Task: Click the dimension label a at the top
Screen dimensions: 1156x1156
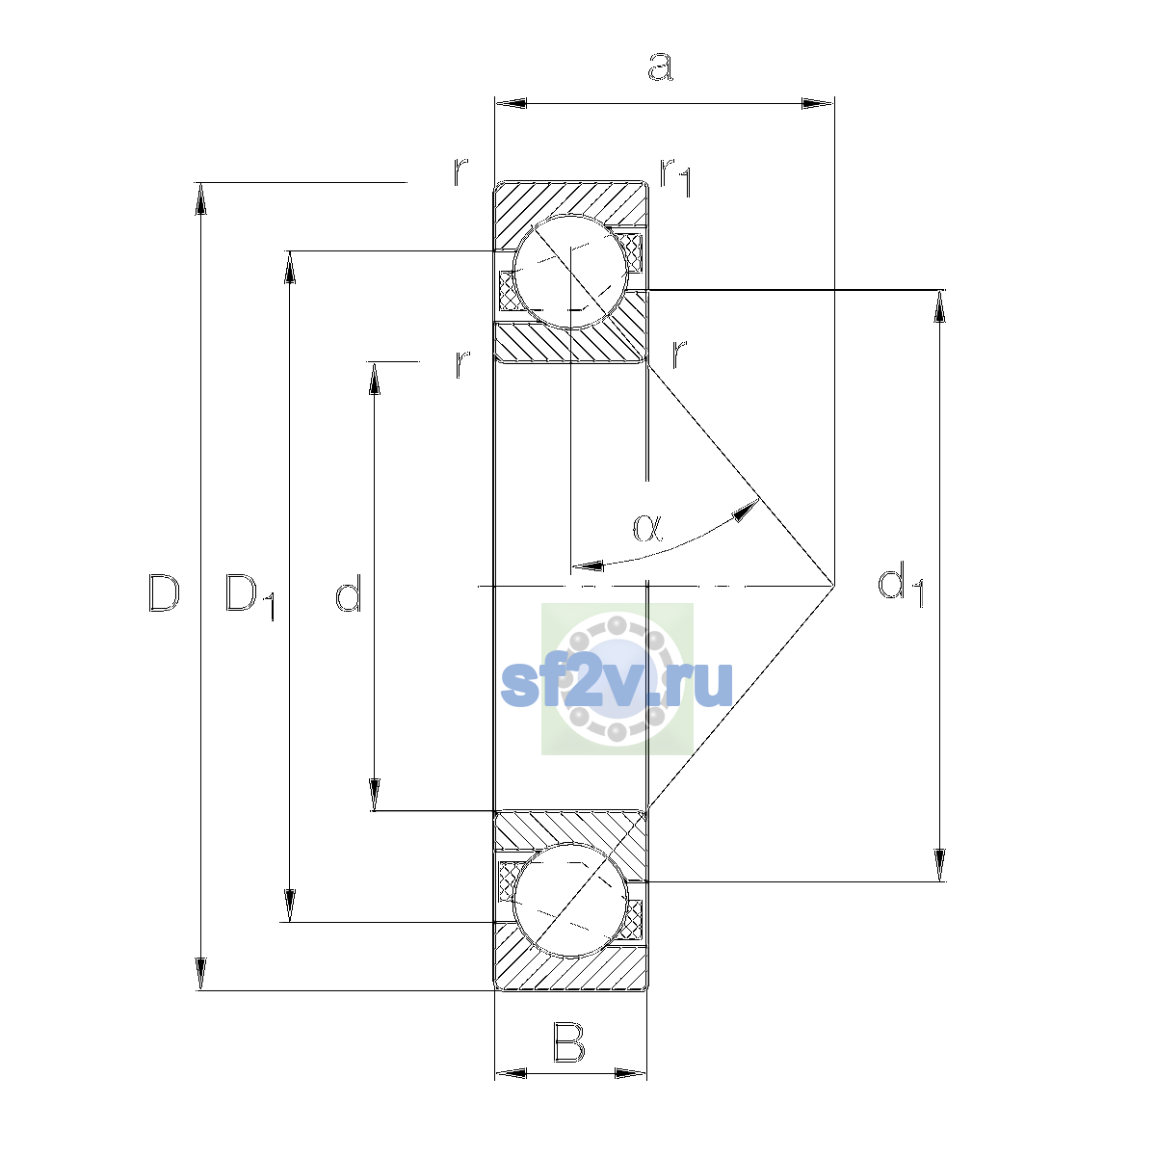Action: click(660, 66)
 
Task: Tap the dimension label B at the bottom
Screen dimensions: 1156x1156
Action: click(568, 1043)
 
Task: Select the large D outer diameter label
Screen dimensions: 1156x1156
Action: click(164, 592)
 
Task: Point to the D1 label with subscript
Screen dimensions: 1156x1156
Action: click(250, 597)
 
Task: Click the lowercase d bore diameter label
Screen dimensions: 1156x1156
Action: click(348, 592)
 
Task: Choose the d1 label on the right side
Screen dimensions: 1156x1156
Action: click(900, 584)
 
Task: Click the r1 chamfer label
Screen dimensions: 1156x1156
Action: click(676, 177)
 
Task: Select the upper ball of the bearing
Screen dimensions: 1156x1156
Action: click(570, 271)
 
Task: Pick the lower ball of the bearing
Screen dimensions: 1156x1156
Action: click(570, 900)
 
